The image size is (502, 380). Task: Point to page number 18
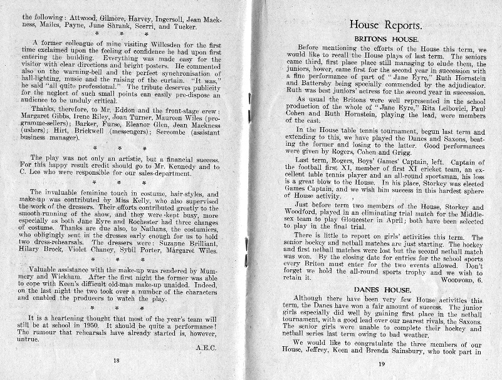[116, 361]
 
